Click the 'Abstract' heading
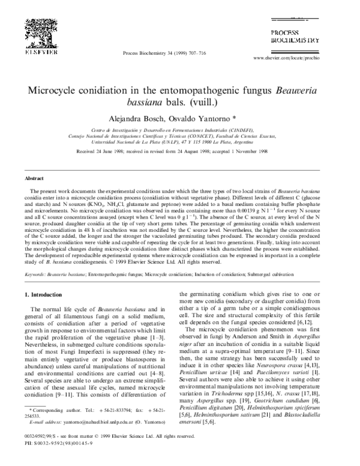(x=33, y=179)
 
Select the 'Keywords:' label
(x=34, y=256)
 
